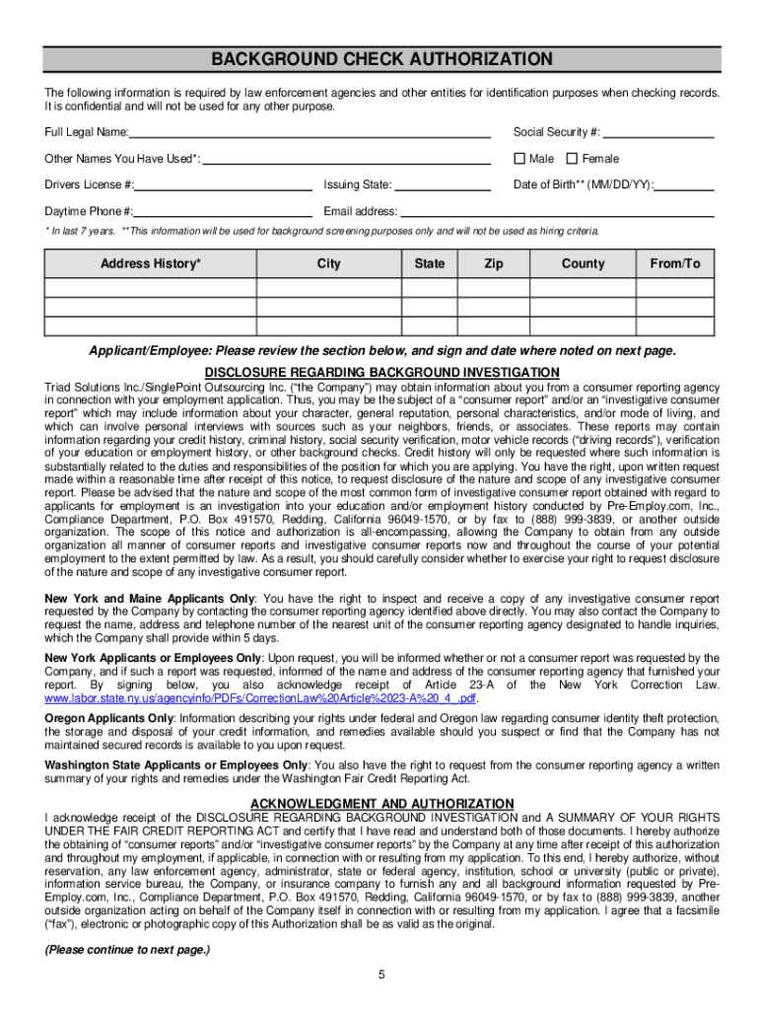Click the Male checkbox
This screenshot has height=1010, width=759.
point(518,159)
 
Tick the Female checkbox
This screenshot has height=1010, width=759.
point(571,159)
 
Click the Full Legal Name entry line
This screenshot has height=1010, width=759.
point(310,132)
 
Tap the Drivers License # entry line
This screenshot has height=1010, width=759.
point(224,184)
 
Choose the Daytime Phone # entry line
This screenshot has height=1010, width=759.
point(224,211)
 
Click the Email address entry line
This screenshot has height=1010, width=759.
point(556,211)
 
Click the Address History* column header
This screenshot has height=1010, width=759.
point(151,264)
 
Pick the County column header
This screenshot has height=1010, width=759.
point(583,264)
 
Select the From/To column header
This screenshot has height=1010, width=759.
point(675,264)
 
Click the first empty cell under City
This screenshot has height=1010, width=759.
point(328,288)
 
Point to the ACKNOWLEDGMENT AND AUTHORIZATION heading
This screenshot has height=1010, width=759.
point(382,804)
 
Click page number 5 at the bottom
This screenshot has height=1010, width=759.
point(380,975)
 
